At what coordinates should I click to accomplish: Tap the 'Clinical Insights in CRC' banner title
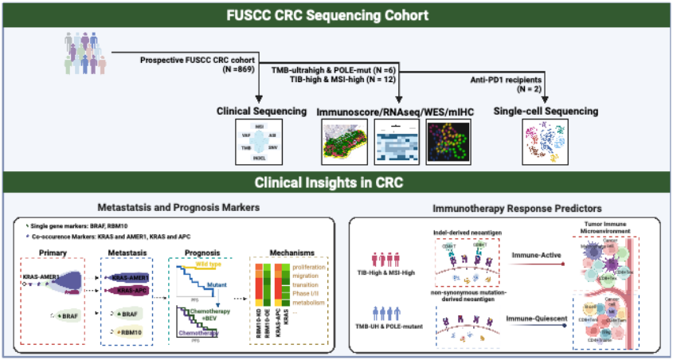[335, 182]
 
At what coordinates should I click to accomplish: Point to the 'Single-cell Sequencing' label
[546, 112]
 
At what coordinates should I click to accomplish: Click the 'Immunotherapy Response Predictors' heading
[509, 208]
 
